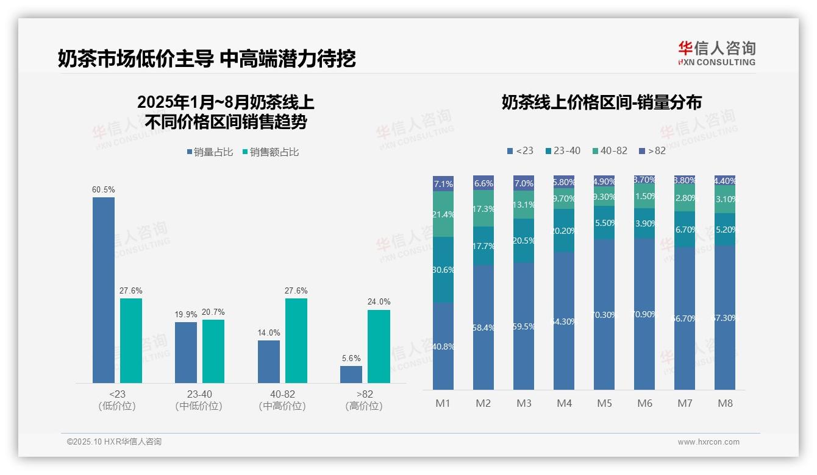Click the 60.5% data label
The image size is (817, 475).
[x=103, y=190]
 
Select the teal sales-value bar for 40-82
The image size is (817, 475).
[x=296, y=340]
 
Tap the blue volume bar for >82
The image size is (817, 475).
[x=351, y=374]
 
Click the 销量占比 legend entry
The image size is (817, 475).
[x=209, y=152]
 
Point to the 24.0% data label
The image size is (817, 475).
[x=379, y=302]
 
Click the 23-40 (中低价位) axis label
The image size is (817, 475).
[x=199, y=400]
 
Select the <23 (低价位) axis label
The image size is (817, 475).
[x=116, y=400]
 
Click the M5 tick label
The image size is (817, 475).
[x=604, y=403]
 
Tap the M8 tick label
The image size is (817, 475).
[x=725, y=403]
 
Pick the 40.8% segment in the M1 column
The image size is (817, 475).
[x=443, y=346]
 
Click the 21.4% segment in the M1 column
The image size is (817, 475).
[x=443, y=214]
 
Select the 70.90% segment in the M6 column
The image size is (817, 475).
[x=644, y=314]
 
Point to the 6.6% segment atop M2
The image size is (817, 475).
[x=483, y=183]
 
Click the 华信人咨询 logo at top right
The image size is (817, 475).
[x=716, y=53]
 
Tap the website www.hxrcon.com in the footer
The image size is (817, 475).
[x=708, y=442]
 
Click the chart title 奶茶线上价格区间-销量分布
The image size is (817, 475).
[x=601, y=102]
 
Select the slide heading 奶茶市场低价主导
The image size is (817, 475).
[x=135, y=59]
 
